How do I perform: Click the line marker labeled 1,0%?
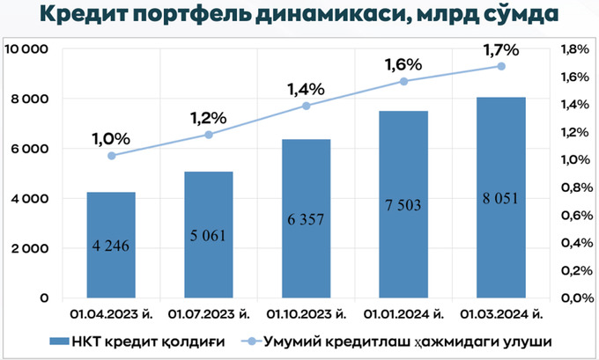pos(112,156)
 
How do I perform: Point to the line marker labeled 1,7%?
pos(501,66)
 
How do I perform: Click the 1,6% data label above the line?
pos(403,64)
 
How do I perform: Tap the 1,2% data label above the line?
pos(209,117)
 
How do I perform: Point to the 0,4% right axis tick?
pos(563,243)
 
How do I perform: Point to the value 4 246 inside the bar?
pos(111,246)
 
